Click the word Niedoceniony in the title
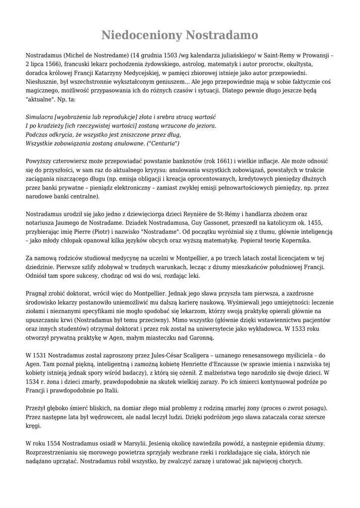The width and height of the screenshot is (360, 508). point(141,35)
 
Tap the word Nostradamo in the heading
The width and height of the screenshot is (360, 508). point(221,35)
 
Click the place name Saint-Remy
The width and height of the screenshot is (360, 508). point(281,56)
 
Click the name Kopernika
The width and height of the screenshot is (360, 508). point(293,241)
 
